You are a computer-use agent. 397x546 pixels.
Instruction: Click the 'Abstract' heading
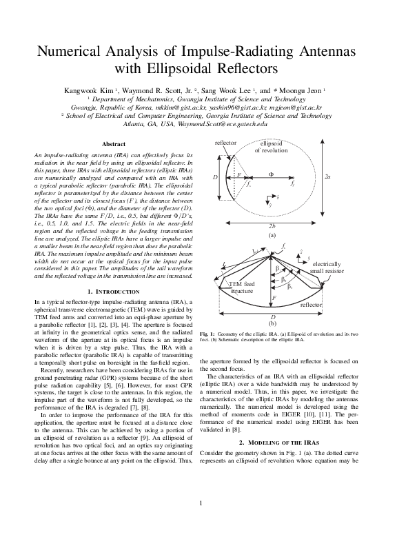(114, 143)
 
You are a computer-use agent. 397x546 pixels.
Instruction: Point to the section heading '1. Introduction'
(114, 292)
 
